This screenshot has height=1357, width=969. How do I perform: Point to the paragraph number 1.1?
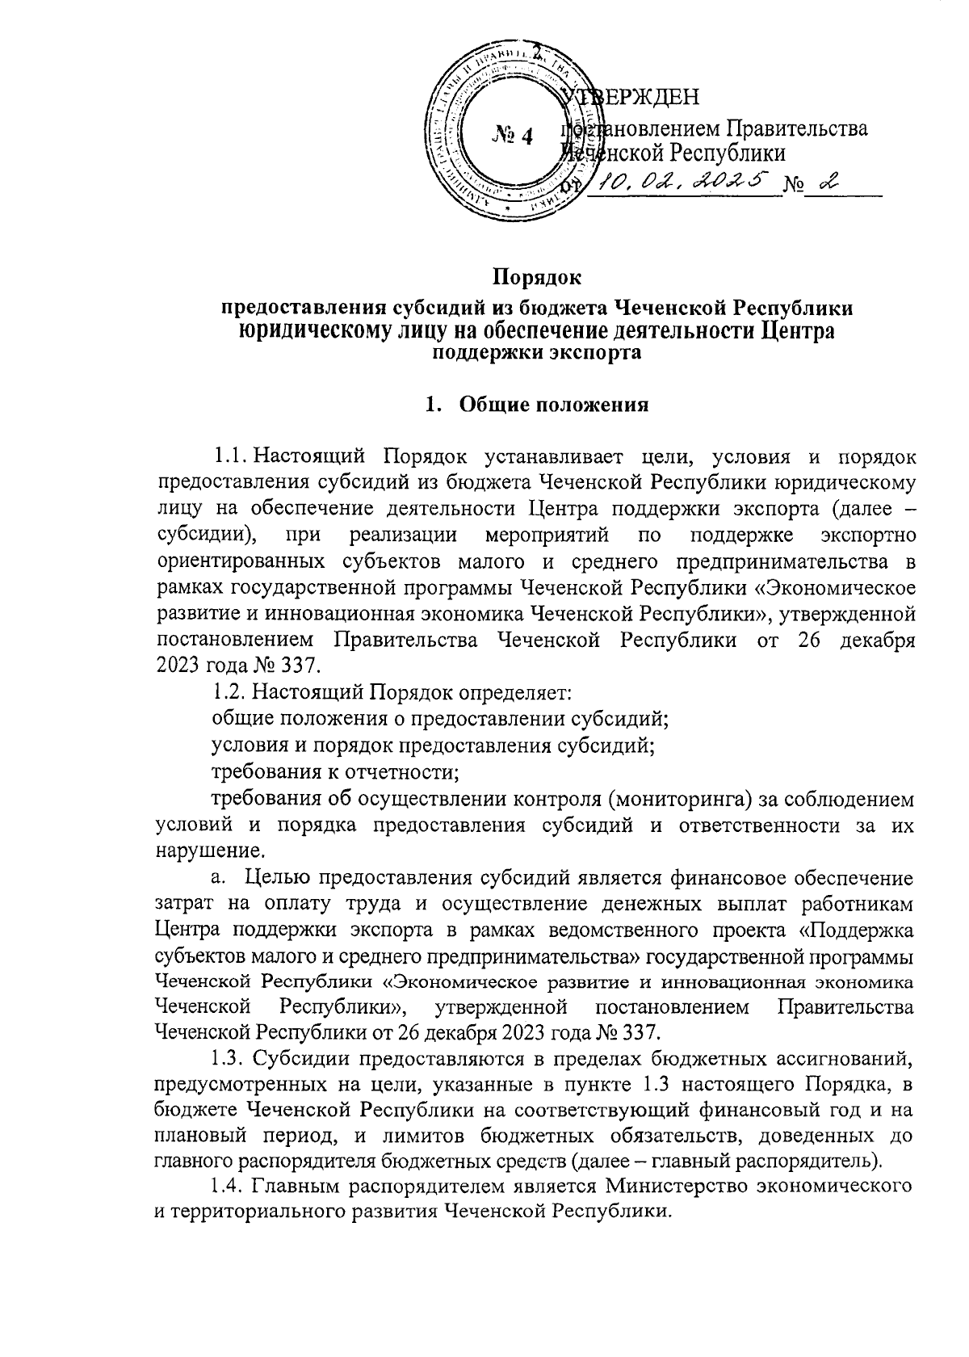click(231, 457)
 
